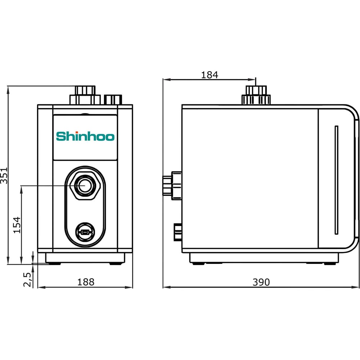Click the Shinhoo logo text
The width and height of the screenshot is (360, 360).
pyautogui.click(x=85, y=136)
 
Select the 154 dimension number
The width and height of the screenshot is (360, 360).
pyautogui.click(x=17, y=225)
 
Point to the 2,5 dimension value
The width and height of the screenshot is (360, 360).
pyautogui.click(x=27, y=280)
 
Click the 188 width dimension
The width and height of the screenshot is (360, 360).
pyautogui.click(x=86, y=282)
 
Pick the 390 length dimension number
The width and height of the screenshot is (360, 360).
pyautogui.click(x=261, y=282)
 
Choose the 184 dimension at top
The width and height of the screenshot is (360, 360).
pyautogui.click(x=210, y=75)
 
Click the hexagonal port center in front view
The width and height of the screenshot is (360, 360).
pyautogui.click(x=85, y=185)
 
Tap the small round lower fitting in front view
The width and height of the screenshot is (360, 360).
pyautogui.click(x=85, y=232)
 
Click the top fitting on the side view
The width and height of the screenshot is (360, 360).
pyautogui.click(x=256, y=95)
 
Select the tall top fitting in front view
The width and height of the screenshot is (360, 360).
pyautogui.click(x=85, y=95)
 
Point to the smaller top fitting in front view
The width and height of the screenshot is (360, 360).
pyautogui.click(x=113, y=100)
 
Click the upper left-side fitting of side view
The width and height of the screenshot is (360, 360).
pyautogui.click(x=172, y=185)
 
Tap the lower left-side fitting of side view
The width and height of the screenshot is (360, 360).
pyautogui.click(x=178, y=232)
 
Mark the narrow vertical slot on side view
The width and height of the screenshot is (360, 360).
pyautogui.click(x=336, y=180)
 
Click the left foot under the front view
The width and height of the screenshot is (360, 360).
pyautogui.click(x=54, y=264)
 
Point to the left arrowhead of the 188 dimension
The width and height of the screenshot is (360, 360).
pyautogui.click(x=41, y=287)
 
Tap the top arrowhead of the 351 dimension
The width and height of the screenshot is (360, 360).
pyautogui.click(x=8, y=90)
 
